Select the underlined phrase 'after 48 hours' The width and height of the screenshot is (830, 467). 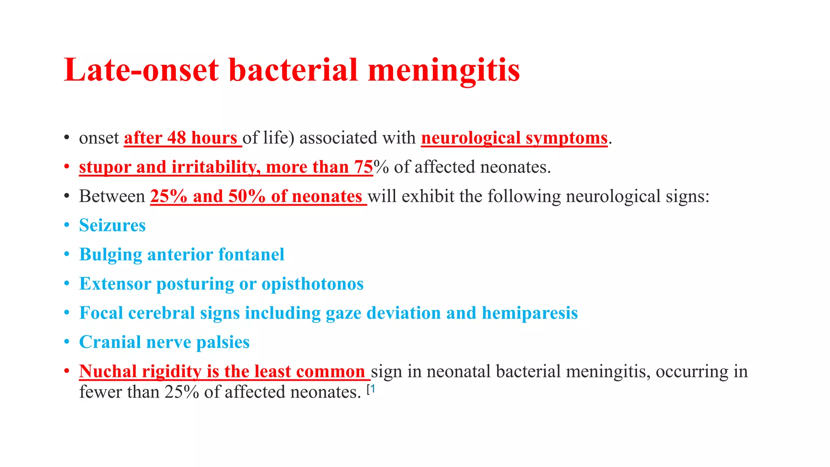click(181, 138)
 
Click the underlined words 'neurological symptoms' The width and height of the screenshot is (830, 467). click(514, 138)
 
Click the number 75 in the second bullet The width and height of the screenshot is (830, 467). click(363, 167)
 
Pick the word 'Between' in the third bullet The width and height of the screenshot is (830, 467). click(112, 197)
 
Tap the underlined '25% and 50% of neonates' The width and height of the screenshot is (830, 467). click(256, 197)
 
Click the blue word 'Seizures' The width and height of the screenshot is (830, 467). click(112, 225)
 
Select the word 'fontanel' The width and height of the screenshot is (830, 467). click(251, 255)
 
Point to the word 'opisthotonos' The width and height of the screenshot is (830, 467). click(312, 284)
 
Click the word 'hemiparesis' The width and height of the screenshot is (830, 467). click(530, 313)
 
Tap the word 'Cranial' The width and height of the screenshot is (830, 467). click(110, 342)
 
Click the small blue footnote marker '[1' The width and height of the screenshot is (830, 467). click(371, 390)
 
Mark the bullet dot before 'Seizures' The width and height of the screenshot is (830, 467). click(67, 225)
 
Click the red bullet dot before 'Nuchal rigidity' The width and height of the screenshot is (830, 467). click(67, 371)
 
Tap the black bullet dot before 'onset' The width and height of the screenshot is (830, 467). click(67, 138)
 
